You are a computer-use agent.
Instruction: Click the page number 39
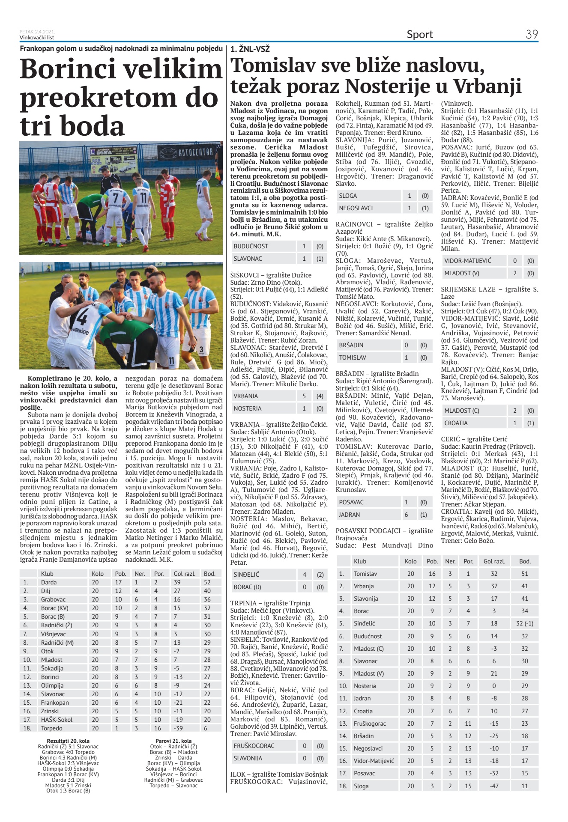(x=532, y=34)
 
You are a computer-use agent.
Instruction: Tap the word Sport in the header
(x=419, y=35)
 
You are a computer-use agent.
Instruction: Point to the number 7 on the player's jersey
(x=115, y=198)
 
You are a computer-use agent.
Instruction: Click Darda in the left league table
(x=49, y=582)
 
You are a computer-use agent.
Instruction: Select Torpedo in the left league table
(x=51, y=728)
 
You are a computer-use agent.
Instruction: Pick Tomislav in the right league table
(x=365, y=574)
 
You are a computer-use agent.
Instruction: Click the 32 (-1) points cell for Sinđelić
(x=525, y=623)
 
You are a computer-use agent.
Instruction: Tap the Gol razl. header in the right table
(x=494, y=561)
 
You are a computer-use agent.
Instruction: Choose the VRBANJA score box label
(x=245, y=396)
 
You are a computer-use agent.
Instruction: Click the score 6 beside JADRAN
(x=406, y=515)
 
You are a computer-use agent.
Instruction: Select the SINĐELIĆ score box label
(x=246, y=575)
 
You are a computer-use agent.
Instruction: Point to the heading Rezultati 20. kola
(x=68, y=741)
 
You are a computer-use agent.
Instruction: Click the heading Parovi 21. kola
(x=173, y=741)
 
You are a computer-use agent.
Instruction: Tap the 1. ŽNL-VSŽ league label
(x=250, y=49)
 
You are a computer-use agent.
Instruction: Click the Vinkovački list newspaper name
(x=34, y=37)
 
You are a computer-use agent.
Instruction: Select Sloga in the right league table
(x=361, y=786)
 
